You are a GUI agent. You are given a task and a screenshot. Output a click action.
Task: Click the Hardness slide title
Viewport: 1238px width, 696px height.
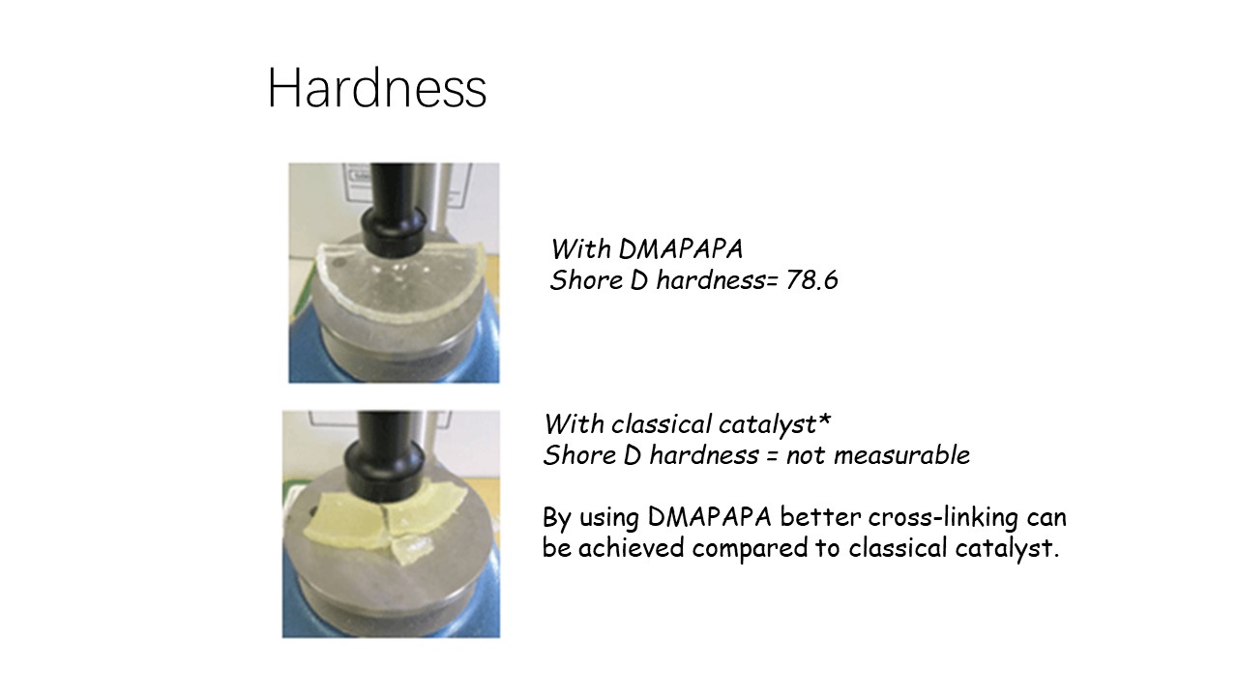coord(377,88)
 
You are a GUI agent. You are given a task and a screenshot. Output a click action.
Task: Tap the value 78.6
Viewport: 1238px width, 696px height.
coord(811,280)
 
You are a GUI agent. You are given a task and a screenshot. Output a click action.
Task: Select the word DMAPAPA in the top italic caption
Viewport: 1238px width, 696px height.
coord(680,249)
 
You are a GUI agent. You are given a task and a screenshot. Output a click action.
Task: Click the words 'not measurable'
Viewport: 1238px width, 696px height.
coord(878,455)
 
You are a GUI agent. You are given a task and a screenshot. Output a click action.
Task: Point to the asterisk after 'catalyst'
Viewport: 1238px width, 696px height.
coord(825,420)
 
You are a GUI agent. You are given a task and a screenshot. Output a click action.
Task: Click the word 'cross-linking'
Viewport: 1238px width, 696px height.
coord(943,517)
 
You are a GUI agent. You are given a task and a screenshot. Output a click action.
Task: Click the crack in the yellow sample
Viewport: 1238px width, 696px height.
coord(387,516)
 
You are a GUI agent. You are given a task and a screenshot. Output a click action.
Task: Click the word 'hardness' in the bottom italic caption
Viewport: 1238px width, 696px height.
coord(705,455)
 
